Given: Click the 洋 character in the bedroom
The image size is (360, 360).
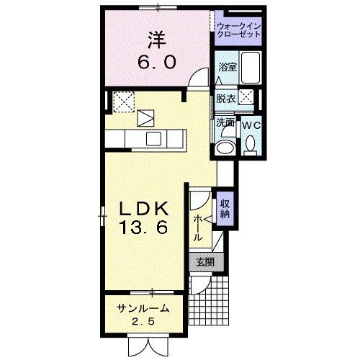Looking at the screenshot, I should (x=156, y=37).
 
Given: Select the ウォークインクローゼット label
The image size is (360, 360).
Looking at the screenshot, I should (x=238, y=30).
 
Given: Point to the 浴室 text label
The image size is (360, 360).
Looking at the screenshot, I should (x=227, y=67).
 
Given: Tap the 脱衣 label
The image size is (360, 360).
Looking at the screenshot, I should (x=225, y=99).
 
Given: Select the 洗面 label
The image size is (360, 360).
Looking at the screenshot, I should (x=225, y=122).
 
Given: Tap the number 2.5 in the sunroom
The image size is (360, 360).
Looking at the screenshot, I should (x=146, y=321).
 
